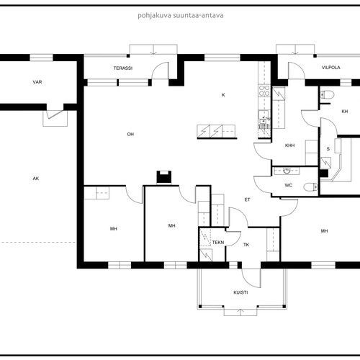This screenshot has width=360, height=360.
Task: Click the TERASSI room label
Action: pos(123,68)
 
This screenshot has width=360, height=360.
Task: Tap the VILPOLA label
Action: pos(331,68)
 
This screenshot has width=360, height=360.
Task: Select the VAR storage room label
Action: pos(37,82)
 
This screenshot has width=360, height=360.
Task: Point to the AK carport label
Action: pos(36,179)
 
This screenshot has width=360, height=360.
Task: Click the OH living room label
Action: pos(130,134)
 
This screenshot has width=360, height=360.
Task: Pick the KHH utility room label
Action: pos(289,145)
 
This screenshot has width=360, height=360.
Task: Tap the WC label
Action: pos(289,185)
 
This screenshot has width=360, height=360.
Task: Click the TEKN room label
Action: pos(218,243)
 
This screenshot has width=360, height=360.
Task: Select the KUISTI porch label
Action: pos(240,292)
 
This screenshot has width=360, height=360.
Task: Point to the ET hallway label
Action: pos(247,199)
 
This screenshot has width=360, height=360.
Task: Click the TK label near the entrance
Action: pos(246,245)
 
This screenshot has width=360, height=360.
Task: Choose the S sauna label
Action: pos(328,149)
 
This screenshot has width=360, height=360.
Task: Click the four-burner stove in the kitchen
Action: pos(264,90)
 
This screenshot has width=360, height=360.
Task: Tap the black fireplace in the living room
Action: pos(164,177)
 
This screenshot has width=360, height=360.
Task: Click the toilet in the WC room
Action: pos(311,186)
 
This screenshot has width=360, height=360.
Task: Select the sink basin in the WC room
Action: pos(287,171)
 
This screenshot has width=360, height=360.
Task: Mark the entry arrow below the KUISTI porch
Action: pos(240,312)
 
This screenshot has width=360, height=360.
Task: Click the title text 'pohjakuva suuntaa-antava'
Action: pos(181,16)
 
